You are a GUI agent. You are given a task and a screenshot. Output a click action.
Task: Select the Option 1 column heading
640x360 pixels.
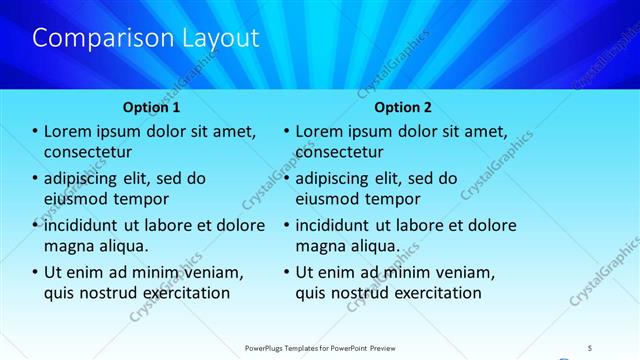coord(152,107)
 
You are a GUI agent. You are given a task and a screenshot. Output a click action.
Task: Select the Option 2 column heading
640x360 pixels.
coord(404,107)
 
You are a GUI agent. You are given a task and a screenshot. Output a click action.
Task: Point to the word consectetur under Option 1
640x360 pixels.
coord(89,152)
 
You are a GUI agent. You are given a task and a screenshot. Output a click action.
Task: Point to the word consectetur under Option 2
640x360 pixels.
coord(340,152)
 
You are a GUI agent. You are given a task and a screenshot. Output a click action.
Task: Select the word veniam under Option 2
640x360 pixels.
coord(464,272)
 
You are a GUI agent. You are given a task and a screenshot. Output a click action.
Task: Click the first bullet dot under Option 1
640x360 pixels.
coord(35,131)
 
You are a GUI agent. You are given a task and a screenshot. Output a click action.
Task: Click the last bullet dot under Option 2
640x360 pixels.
coord(287,272)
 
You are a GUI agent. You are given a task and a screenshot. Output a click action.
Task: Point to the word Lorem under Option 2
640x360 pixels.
coord(319,131)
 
